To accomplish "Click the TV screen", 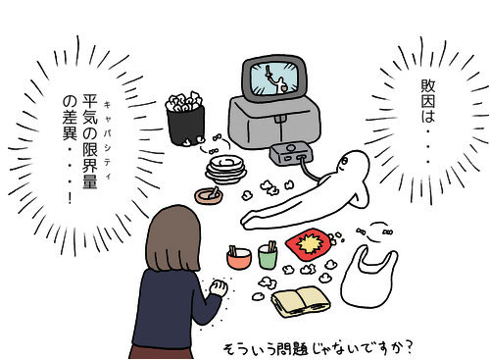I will pos(272,79).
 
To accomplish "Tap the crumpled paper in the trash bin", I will pos(182,100).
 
